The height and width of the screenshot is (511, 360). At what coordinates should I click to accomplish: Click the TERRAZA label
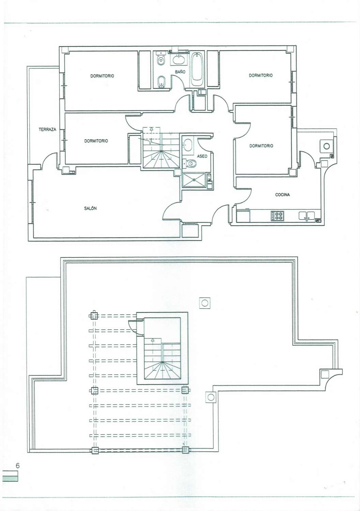tap(47, 129)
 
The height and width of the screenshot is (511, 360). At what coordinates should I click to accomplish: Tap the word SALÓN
tap(90, 208)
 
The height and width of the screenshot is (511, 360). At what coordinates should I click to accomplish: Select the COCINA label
tap(282, 195)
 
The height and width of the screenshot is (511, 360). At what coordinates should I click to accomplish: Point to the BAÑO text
tap(180, 72)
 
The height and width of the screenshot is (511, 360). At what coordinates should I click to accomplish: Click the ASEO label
tap(202, 156)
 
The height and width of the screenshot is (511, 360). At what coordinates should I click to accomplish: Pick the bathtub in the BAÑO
tap(197, 69)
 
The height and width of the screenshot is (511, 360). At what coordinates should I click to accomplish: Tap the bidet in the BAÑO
tap(161, 81)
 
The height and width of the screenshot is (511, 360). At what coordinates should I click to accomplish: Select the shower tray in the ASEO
tap(194, 180)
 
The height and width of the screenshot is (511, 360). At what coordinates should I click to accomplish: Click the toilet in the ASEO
tap(190, 163)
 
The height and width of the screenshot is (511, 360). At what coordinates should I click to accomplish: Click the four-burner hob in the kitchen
tap(277, 216)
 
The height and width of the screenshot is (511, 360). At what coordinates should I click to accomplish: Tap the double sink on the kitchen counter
tap(306, 216)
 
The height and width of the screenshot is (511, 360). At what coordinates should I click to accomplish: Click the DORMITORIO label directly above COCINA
tap(261, 145)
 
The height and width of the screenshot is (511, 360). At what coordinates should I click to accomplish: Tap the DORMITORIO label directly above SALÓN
tap(96, 141)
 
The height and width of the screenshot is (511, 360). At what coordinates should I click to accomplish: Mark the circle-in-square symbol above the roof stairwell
tap(205, 303)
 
